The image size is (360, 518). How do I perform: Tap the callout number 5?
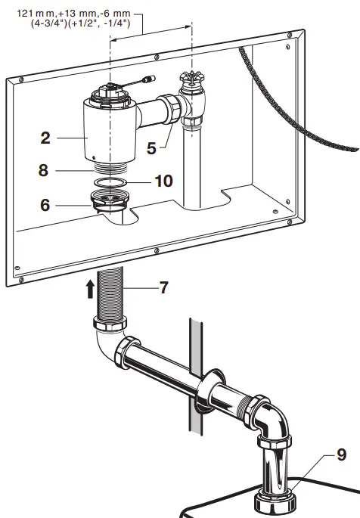pos(152,147)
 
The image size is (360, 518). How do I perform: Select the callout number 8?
pos(45,170)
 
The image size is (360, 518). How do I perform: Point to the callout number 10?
pos(163,181)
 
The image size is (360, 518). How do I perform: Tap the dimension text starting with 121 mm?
pos(74,14)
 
